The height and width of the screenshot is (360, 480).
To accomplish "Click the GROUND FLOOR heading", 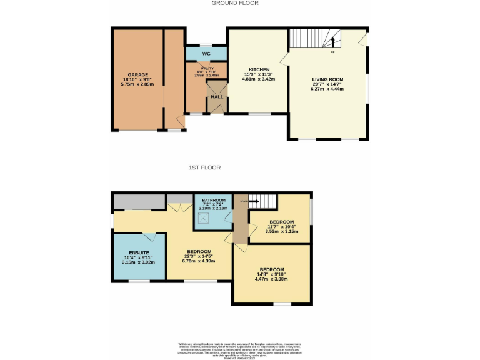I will coord(235,3).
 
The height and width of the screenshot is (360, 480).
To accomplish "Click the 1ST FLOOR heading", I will coord(204,167).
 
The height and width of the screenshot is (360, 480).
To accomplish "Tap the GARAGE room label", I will coord(138,75).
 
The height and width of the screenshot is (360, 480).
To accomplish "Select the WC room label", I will coord(206,54).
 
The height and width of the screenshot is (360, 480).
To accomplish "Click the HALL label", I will coord(217,97).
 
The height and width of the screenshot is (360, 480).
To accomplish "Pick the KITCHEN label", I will coord(259,69).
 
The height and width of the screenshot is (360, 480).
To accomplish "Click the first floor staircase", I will coord(262,202).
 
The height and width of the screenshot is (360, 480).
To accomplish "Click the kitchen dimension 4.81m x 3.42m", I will coord(259,79).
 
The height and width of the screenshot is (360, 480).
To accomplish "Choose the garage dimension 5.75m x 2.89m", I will coord(138,84).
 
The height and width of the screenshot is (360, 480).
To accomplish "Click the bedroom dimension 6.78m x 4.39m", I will coord(199,261).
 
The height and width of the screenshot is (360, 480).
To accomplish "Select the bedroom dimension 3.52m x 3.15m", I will coord(282,232).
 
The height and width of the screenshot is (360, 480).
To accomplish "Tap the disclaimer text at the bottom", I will coord(240,351).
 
